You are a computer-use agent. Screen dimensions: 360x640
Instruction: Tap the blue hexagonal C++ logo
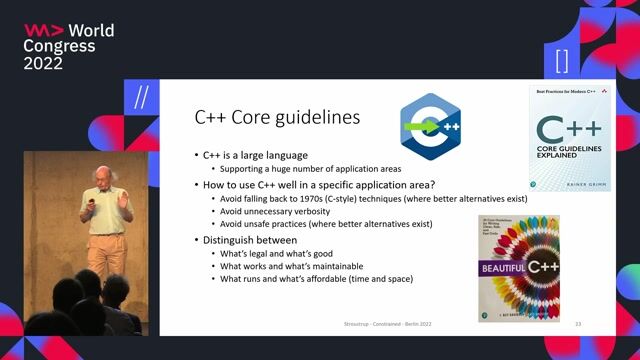point(430,127)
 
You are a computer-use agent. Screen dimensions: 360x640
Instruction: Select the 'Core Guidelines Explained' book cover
point(569,138)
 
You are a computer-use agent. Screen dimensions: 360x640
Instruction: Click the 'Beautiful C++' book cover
point(518,266)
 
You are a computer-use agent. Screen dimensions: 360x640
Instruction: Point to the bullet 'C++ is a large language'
point(254,155)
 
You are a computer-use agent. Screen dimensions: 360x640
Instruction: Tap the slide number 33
point(577,325)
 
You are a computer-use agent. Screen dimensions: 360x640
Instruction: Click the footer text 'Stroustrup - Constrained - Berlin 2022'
point(376,325)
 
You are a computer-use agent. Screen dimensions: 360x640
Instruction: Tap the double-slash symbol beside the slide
point(141,96)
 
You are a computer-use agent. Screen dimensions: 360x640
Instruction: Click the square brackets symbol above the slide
point(561,60)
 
